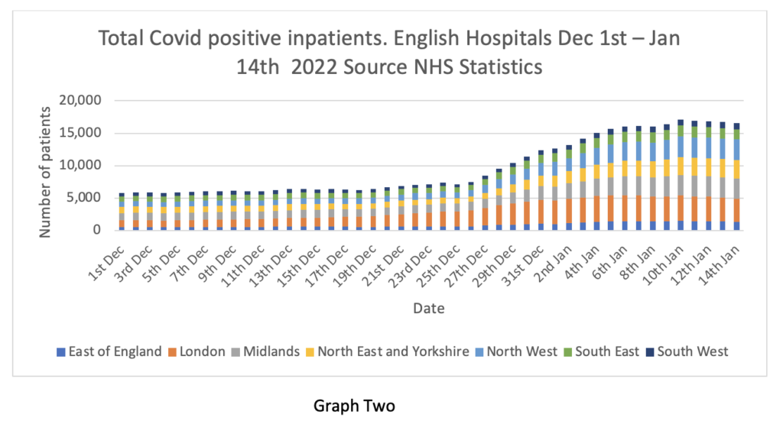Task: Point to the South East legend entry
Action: pos(602,351)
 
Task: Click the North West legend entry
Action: pos(520,351)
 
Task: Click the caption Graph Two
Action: pos(355,406)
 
